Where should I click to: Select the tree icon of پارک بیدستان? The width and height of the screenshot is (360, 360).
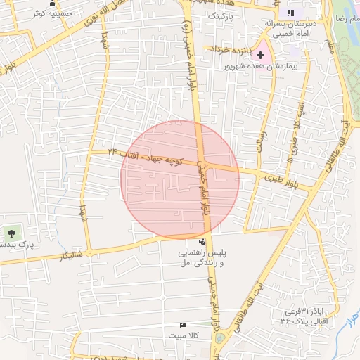click(12, 233)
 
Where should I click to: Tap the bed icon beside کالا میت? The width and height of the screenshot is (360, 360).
click(184, 326)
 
